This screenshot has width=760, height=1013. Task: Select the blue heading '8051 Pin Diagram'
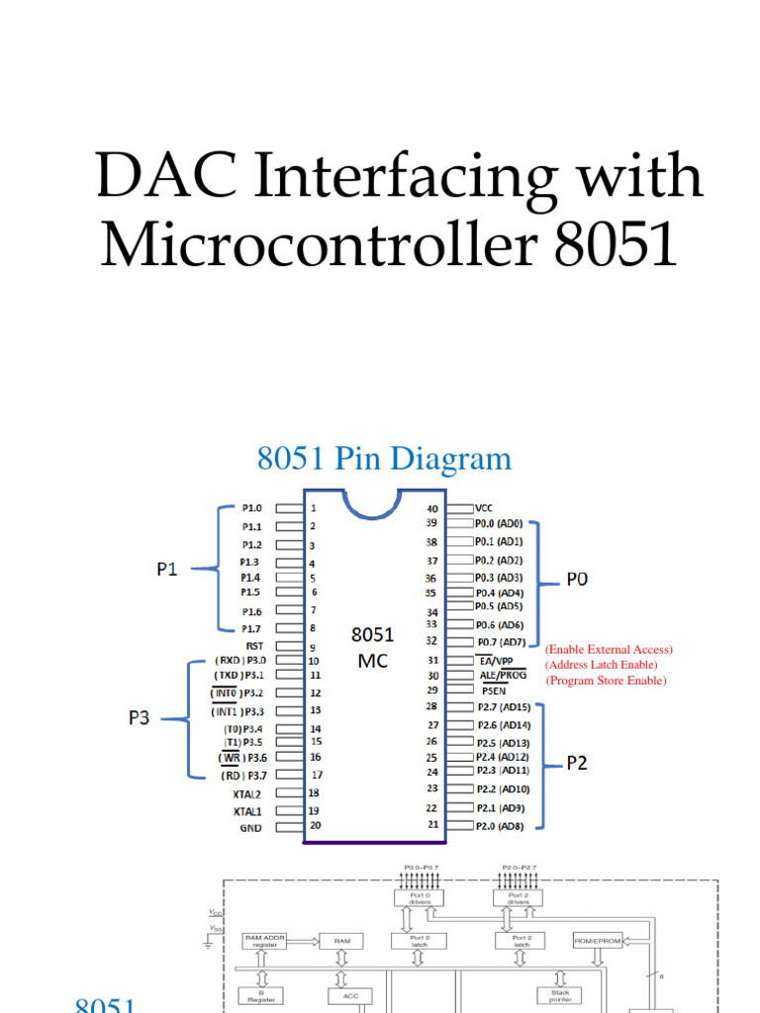[x=384, y=459]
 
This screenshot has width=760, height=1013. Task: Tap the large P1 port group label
[x=170, y=569]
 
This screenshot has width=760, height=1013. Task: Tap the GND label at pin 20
[x=250, y=827]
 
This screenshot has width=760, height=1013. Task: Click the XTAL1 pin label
[x=248, y=810]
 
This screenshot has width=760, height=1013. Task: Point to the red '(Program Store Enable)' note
[x=607, y=681]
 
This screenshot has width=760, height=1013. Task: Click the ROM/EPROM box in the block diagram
[x=598, y=941]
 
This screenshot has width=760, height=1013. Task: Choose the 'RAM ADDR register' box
[x=271, y=942]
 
